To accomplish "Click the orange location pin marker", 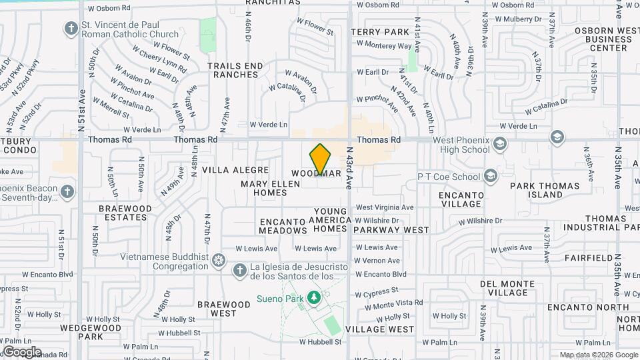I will [321, 159].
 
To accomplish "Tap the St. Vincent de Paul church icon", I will [71, 29].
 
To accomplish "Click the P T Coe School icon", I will [491, 176].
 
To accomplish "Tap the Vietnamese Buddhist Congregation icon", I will [218, 259].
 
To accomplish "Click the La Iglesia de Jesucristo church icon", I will [240, 271].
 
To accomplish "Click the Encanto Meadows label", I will [283, 226].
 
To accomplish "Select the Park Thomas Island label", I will [546, 189].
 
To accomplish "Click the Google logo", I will [22, 351].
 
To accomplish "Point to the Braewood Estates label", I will [126, 213].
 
